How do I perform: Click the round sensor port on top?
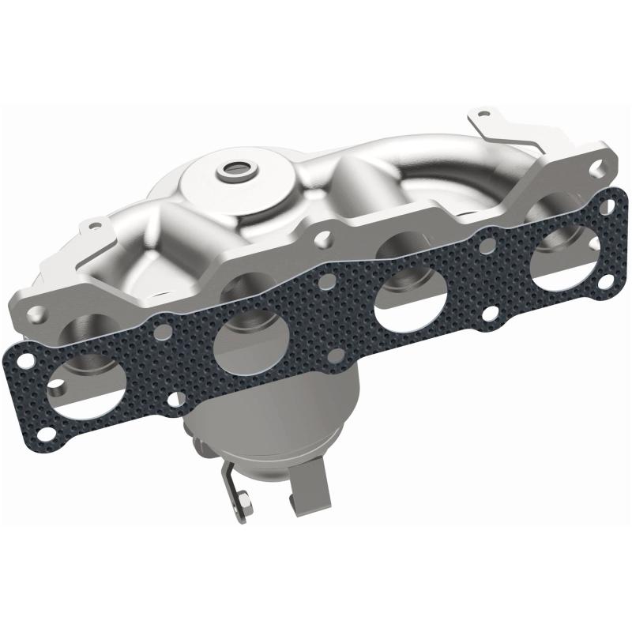pyautogui.click(x=234, y=168)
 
